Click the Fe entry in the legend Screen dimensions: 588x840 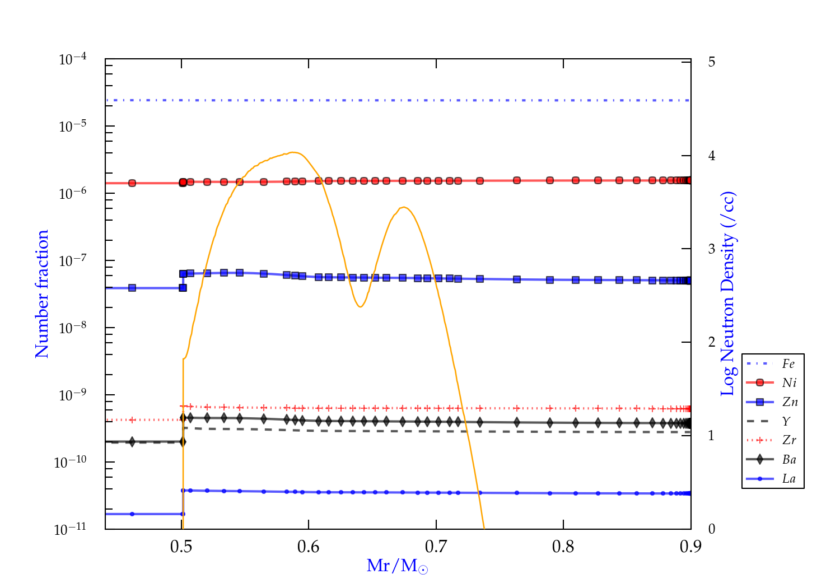788,364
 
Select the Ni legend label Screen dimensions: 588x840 789,383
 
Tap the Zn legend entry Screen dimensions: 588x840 790,402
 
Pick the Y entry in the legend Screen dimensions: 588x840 786,421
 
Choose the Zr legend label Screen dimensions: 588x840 789,440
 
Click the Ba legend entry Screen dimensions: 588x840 789,460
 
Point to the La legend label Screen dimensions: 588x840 788,479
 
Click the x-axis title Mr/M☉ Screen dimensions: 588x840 397,566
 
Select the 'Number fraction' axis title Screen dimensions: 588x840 42,294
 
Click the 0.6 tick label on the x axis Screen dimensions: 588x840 309,547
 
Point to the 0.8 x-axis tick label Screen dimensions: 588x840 563,547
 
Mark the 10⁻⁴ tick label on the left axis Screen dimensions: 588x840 73,59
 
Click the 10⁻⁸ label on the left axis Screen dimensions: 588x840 73,328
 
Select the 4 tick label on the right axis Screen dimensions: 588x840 712,156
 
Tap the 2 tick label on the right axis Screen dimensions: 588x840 712,342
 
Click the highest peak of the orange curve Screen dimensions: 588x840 293,152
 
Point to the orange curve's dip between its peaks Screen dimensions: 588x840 360,307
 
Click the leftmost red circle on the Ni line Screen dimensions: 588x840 132,183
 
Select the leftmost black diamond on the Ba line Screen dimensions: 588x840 132,442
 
